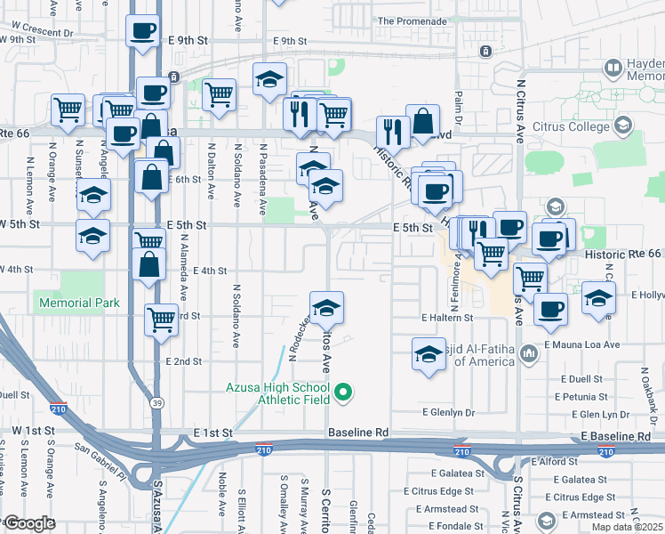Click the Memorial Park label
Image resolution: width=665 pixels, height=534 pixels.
tap(79, 303)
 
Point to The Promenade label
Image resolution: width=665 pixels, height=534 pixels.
tap(412, 21)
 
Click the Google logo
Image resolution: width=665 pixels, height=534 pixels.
tap(29, 522)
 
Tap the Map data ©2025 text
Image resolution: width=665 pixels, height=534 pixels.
tap(627, 527)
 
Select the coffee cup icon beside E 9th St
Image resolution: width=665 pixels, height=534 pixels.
tap(142, 32)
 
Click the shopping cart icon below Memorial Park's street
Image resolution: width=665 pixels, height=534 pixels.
tap(161, 320)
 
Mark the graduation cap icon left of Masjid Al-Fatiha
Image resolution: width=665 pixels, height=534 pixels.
tap(429, 354)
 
